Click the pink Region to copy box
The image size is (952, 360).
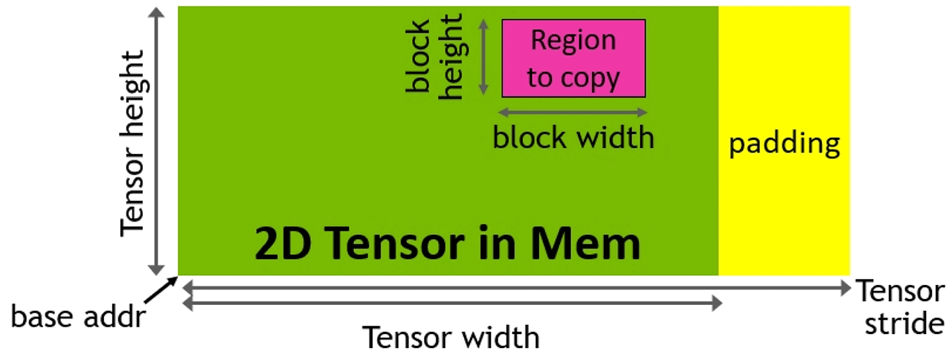click(573, 58)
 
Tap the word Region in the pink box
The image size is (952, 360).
click(573, 40)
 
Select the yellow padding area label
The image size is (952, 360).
click(784, 143)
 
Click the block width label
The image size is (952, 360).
click(573, 138)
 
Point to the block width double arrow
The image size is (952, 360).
click(573, 112)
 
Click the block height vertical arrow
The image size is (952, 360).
click(483, 58)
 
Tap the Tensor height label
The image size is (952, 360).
click(134, 141)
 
